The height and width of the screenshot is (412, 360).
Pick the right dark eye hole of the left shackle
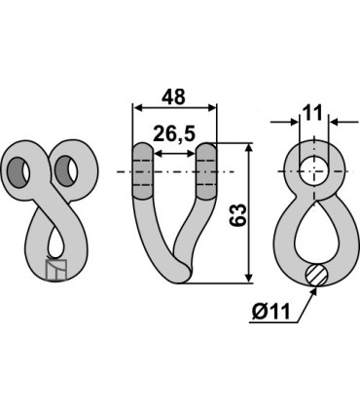coord(67,170)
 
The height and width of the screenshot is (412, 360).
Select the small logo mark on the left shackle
coord(56,270)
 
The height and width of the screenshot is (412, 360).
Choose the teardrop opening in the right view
coord(311,232)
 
